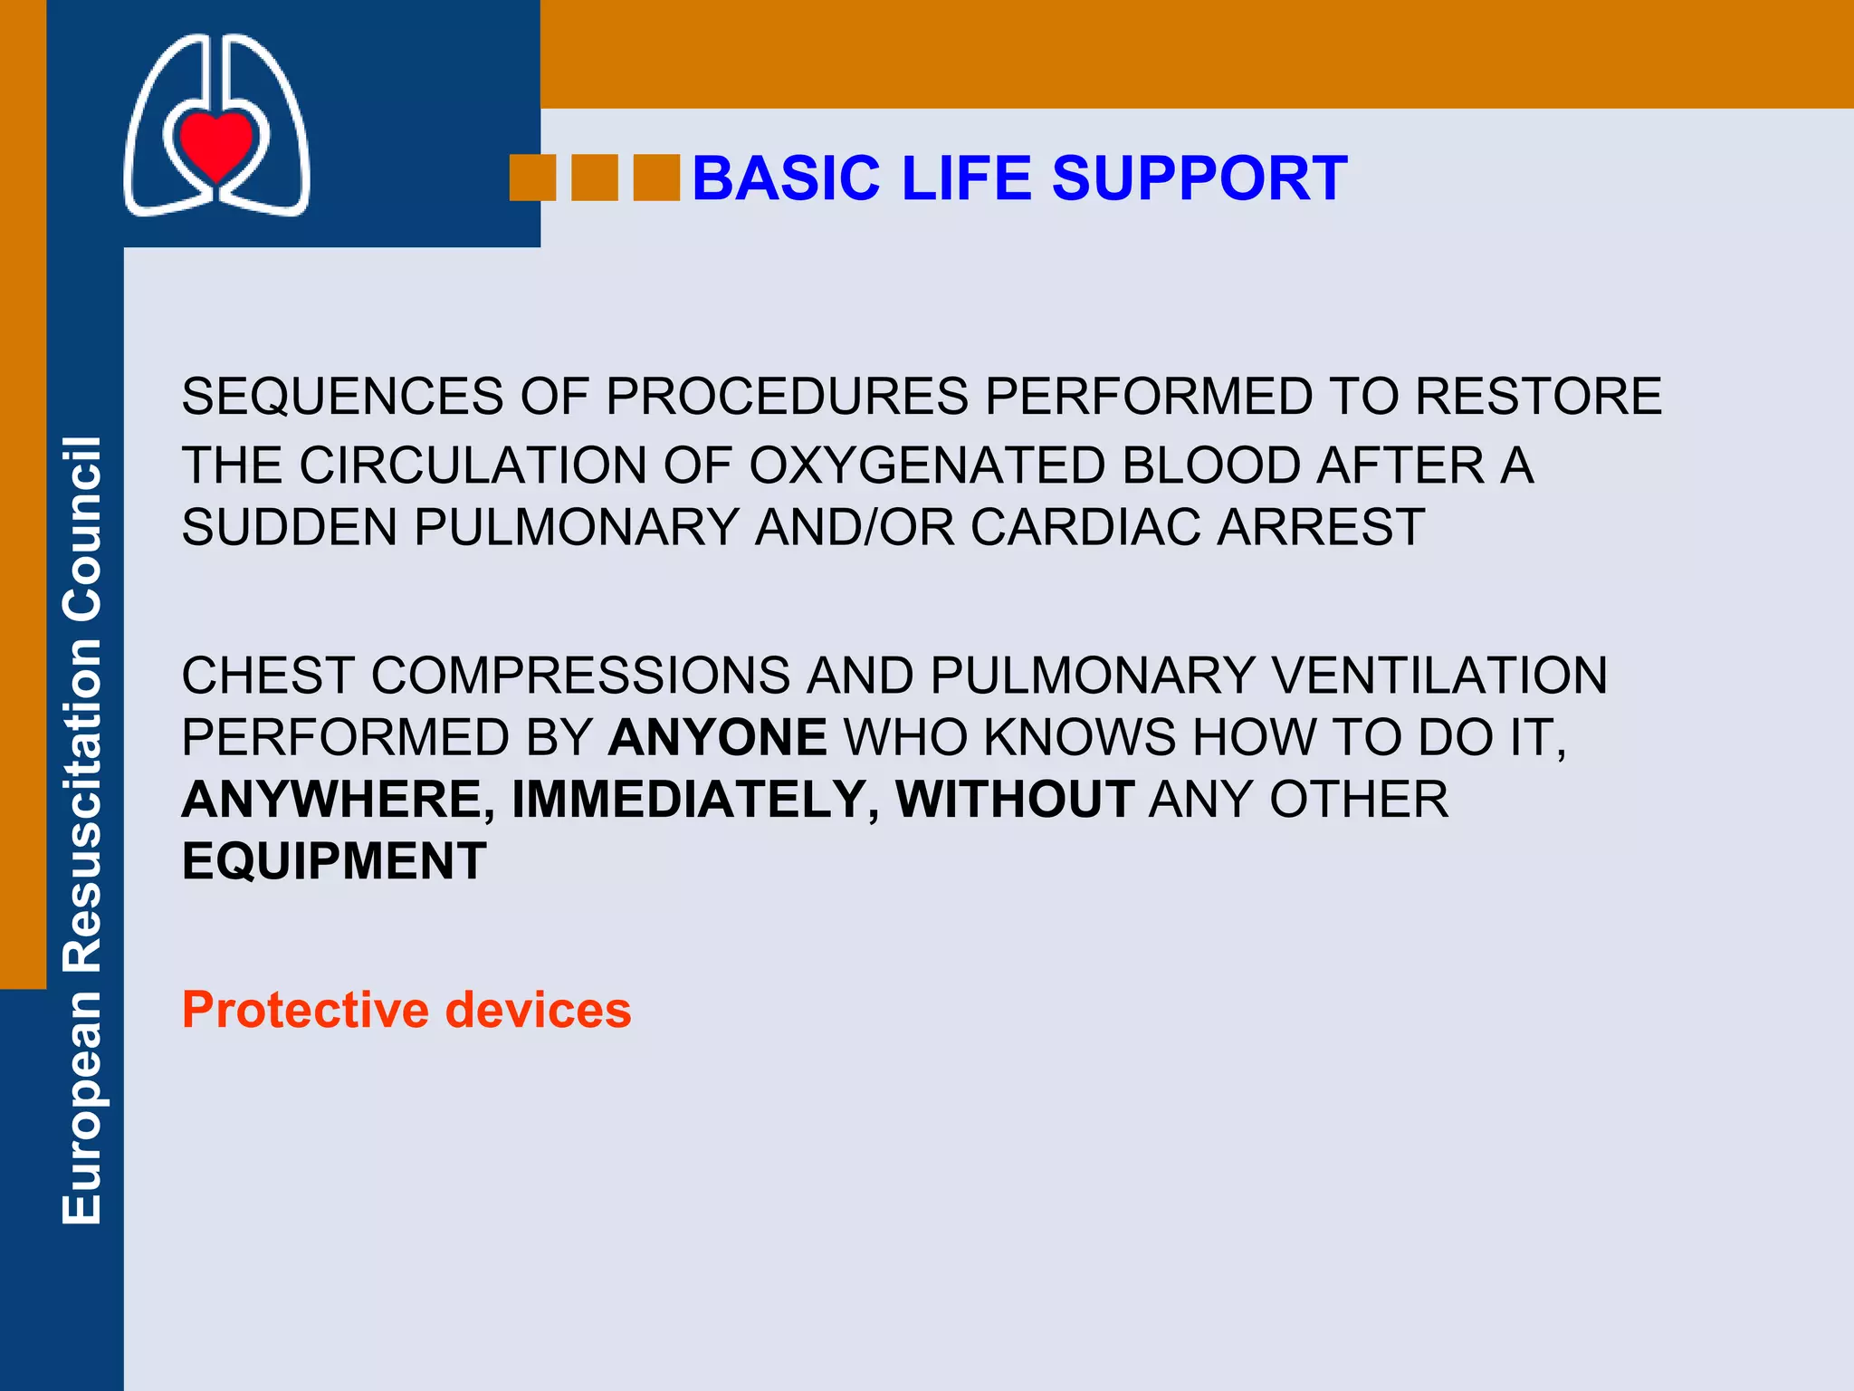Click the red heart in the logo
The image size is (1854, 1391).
click(x=215, y=143)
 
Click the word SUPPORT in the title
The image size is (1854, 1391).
click(x=1199, y=178)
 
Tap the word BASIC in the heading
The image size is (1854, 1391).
click(x=786, y=178)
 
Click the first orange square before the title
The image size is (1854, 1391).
click(x=532, y=177)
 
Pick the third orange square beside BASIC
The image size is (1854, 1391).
click(x=655, y=177)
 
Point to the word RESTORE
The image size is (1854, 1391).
click(x=1538, y=397)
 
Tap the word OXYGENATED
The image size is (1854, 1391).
click(x=927, y=465)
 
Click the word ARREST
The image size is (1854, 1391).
click(x=1321, y=527)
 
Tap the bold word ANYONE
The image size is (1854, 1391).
click(x=717, y=737)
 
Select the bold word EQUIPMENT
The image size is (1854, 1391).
click(x=334, y=861)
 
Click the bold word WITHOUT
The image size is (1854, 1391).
click(x=1014, y=800)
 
